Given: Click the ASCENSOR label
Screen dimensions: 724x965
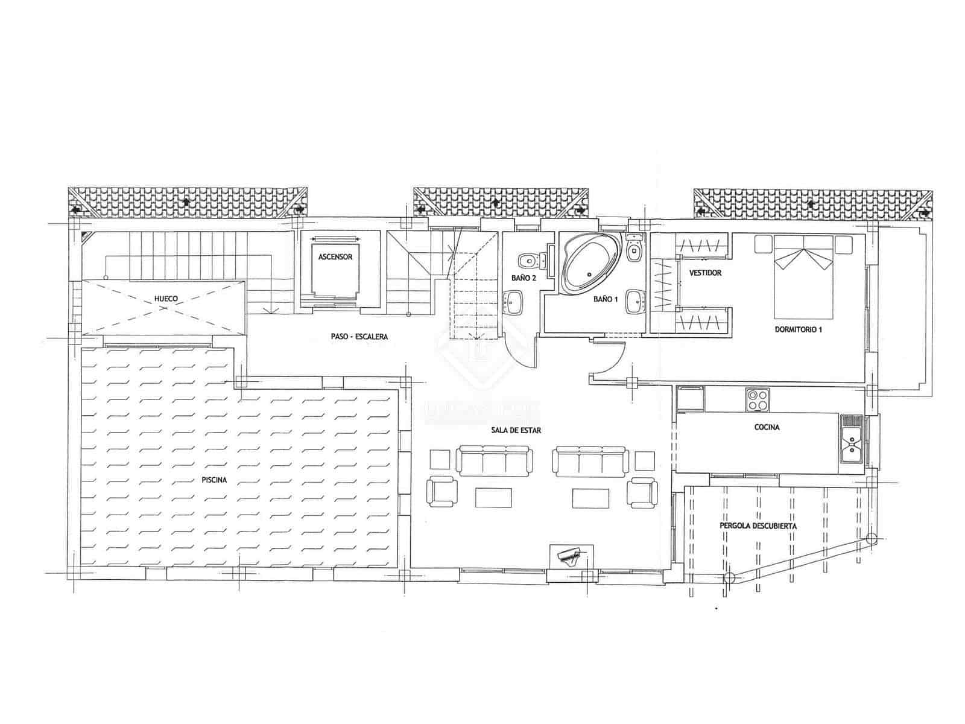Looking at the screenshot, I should [x=335, y=257].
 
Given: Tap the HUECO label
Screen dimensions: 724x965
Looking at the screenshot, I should [x=166, y=299].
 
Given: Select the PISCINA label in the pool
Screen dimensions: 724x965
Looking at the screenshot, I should [x=214, y=480].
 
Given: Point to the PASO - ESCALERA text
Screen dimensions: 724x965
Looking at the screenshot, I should [x=359, y=337].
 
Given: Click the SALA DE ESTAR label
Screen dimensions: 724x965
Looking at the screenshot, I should [x=515, y=431].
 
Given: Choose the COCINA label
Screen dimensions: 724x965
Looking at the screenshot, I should [x=767, y=427].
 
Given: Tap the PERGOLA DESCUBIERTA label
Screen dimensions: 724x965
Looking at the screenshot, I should [x=758, y=526].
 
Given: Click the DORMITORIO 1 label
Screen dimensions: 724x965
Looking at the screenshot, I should [x=799, y=329].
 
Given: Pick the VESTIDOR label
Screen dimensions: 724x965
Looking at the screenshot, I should [x=705, y=273].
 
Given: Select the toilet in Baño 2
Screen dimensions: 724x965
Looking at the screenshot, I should [x=529, y=261].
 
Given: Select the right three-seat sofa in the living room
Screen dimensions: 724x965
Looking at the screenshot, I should [x=590, y=461].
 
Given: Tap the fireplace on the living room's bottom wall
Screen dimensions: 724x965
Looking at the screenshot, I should [x=571, y=556].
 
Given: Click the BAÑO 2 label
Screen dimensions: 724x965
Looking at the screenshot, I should [x=524, y=278].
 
